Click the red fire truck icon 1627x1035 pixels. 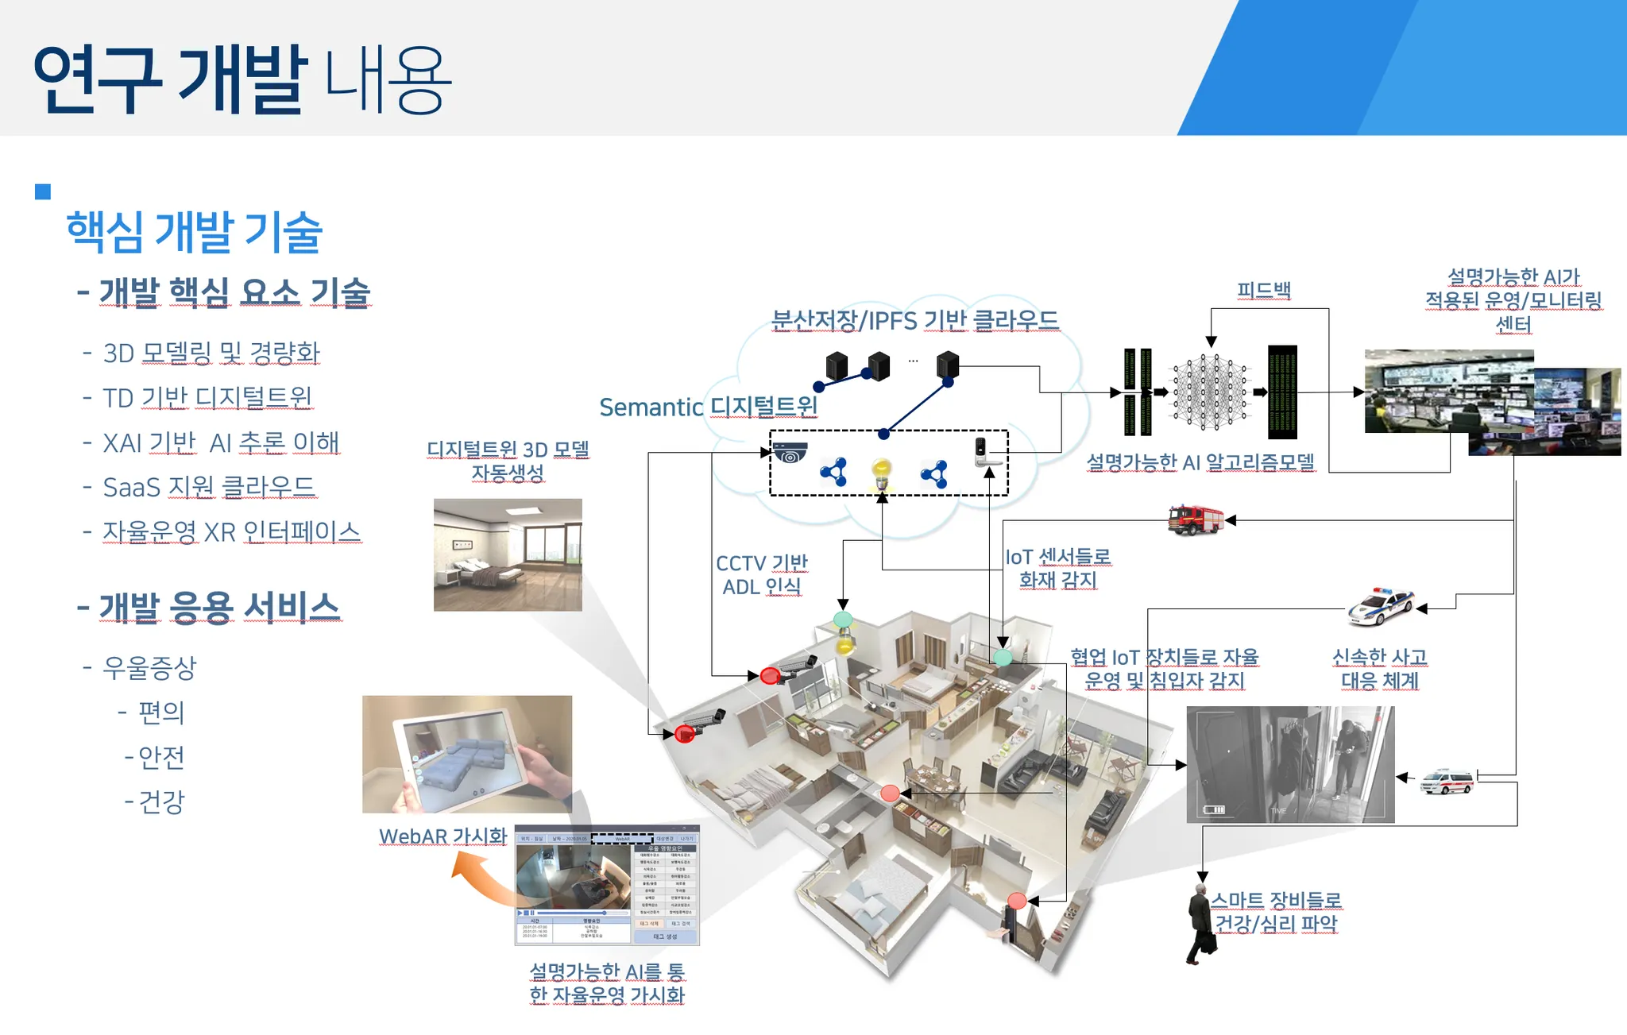[1195, 519]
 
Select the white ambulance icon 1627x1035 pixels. [1447, 781]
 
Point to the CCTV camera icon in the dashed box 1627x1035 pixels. [790, 453]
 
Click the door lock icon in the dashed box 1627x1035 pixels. [984, 451]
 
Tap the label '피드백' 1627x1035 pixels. [1263, 291]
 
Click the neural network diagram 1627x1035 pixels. [1210, 392]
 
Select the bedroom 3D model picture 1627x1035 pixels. [508, 554]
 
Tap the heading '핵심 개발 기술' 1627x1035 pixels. [194, 232]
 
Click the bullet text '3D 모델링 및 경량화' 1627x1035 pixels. [211, 353]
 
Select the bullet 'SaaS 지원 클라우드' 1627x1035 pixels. [209, 487]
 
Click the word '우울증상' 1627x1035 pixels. [149, 667]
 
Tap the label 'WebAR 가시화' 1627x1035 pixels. [442, 836]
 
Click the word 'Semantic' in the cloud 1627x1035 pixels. [651, 407]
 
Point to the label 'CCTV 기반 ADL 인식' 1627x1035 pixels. [761, 574]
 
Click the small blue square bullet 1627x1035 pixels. [43, 191]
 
